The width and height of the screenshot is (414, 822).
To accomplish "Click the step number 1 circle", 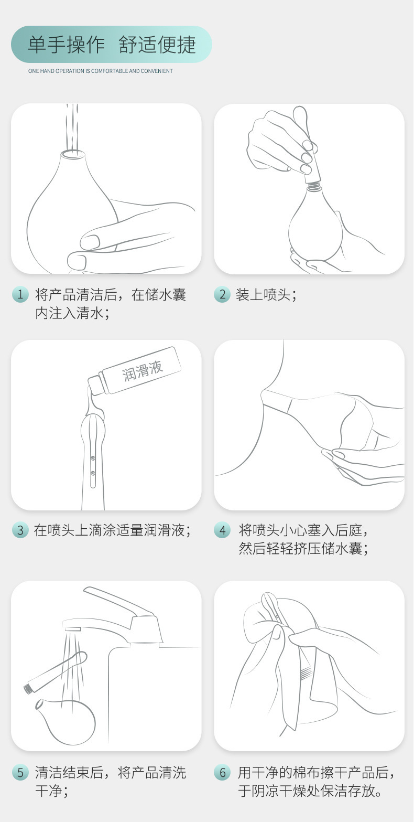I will [20, 294].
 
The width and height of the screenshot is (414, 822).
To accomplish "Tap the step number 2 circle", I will [222, 294].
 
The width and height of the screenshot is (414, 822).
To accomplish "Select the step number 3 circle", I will [20, 530].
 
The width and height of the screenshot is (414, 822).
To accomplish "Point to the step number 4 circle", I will [222, 530].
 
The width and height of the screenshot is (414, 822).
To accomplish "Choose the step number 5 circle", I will [20, 772].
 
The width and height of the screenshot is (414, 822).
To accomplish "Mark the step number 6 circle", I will [222, 772].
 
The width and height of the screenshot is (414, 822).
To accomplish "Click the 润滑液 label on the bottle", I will [143, 370].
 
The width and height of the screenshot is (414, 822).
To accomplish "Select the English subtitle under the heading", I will [100, 71].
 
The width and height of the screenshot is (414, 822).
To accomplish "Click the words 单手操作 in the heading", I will [67, 45].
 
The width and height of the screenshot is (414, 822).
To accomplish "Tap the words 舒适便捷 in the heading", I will [157, 45].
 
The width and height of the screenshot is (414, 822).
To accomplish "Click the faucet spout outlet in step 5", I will [72, 627].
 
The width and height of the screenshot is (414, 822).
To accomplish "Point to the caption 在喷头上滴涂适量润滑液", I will [112, 530].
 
